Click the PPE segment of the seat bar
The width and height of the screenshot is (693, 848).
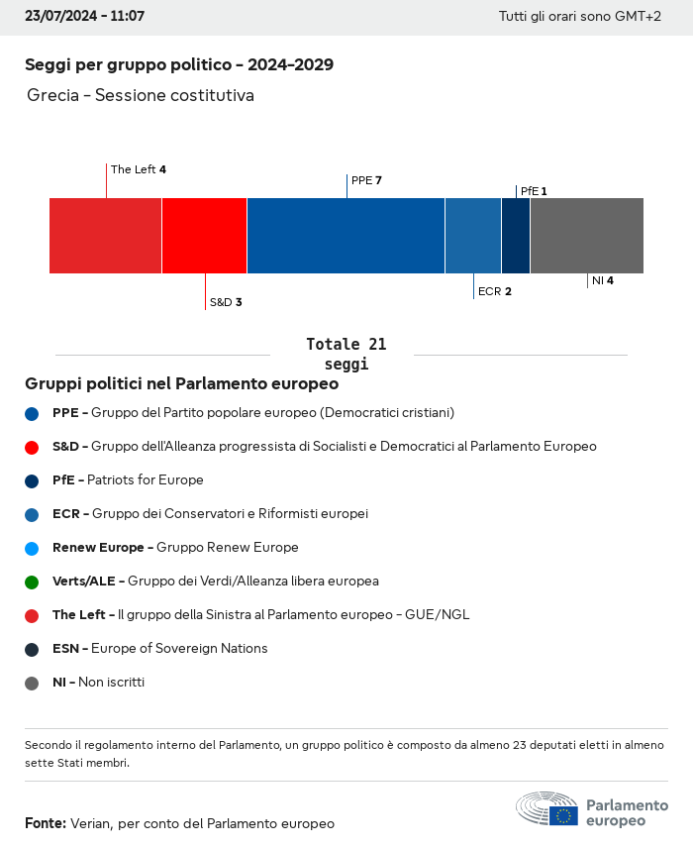point(346,236)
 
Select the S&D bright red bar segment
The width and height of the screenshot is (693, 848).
point(204,236)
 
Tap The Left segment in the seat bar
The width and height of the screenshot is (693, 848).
point(105,236)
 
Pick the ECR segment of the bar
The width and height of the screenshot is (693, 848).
point(472,236)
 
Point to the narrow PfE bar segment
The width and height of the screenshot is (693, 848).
point(516,236)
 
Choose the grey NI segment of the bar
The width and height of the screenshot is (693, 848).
point(586,236)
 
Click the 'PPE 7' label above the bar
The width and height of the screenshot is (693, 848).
point(366,180)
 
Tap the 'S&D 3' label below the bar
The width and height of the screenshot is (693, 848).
point(225,302)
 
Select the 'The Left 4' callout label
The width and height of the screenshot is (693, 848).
point(138,169)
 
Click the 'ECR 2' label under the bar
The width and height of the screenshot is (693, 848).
point(494,291)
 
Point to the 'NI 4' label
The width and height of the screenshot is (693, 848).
point(602,280)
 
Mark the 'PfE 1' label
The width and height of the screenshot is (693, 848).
point(533,191)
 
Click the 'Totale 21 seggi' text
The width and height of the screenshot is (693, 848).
point(346,354)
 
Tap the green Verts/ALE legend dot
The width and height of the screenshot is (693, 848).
point(32,582)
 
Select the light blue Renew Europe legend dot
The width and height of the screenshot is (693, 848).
point(32,548)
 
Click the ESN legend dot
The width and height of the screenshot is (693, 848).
point(32,649)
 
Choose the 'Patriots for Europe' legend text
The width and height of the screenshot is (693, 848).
point(145,479)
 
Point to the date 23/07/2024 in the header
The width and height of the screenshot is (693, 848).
point(61,17)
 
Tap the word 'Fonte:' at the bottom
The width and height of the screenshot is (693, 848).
point(46,823)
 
